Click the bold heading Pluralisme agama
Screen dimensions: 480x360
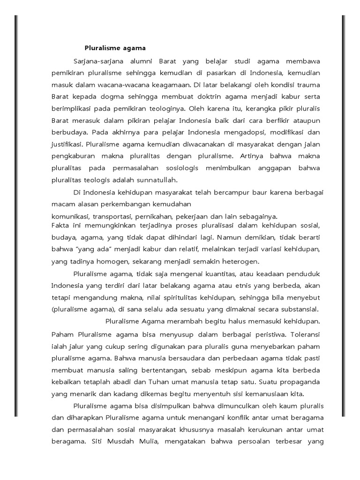click(x=115, y=48)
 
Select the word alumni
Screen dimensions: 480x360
click(x=140, y=61)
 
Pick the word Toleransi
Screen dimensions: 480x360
click(x=305, y=336)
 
